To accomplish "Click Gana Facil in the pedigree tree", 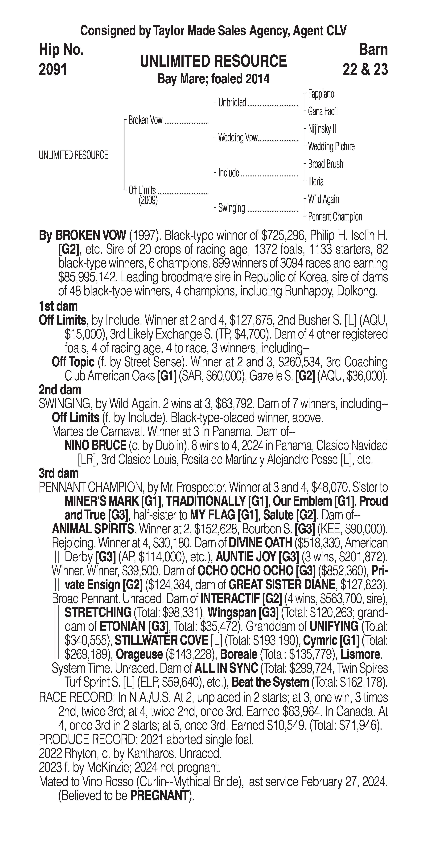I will coord(322,111).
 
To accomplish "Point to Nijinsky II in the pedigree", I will coord(322,129).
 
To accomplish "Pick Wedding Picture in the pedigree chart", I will coord(331,147).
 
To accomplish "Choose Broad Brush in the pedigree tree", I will coord(325,164).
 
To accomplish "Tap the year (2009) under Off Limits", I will coord(148,200).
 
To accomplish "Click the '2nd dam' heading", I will coord(60,390).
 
